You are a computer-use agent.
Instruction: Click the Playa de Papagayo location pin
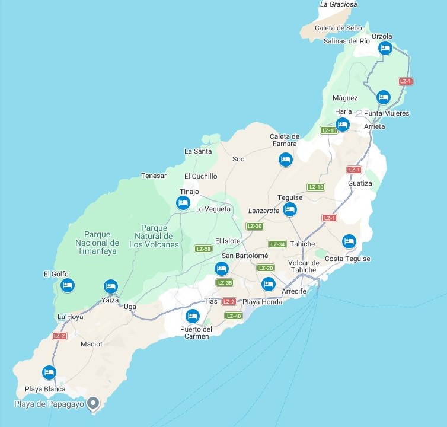tap(92, 404)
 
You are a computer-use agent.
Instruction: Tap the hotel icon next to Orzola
tap(385, 49)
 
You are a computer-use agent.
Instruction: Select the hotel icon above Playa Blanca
tap(49, 372)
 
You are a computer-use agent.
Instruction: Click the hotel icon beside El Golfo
tap(68, 286)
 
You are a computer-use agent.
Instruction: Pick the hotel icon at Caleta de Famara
tap(286, 160)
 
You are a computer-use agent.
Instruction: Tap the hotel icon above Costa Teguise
tap(349, 241)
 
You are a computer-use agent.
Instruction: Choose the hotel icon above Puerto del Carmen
tap(192, 316)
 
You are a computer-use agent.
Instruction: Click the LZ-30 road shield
tap(254, 226)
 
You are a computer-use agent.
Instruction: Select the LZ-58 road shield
tap(203, 248)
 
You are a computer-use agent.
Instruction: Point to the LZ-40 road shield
tap(234, 316)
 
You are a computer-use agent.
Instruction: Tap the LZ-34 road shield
tap(277, 244)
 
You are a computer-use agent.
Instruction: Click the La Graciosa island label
tap(339, 4)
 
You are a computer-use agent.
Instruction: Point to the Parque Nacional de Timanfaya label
tap(97, 243)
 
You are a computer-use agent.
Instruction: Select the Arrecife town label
tap(294, 291)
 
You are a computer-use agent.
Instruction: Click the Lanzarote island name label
tap(264, 211)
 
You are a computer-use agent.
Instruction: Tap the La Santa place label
tap(198, 151)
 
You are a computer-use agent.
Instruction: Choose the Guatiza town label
tap(360, 183)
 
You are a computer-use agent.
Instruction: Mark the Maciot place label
tap(91, 343)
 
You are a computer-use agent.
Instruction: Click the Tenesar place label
tap(154, 176)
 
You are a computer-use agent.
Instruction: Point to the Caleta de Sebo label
tap(339, 28)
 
